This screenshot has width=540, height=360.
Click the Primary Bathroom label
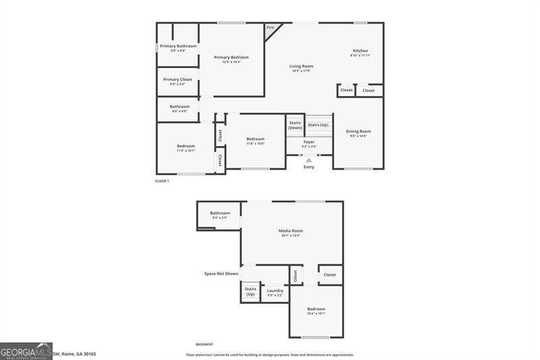tap(178, 47)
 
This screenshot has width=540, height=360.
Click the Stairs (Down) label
tap(295, 125)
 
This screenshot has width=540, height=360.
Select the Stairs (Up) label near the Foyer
tap(318, 125)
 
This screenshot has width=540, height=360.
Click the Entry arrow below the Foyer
tap(308, 160)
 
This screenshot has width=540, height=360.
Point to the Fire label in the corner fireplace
tap(270, 27)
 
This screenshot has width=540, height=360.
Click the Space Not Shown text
tap(221, 274)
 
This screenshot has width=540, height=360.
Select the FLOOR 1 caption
tap(161, 181)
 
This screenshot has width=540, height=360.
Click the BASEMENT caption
tap(204, 344)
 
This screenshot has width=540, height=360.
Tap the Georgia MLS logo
tap(26, 351)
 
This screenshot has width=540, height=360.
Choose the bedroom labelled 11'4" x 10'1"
tap(186, 148)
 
